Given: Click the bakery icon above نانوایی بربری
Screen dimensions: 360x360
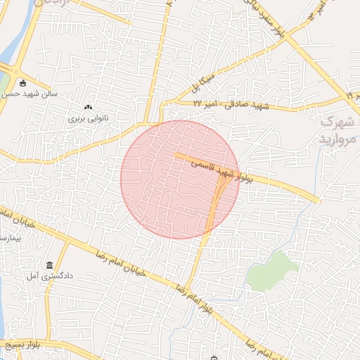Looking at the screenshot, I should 88,107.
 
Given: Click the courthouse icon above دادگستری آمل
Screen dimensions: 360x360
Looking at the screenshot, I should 49,265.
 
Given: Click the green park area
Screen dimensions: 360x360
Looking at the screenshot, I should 273,271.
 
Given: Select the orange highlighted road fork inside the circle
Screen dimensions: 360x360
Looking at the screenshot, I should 217,198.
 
